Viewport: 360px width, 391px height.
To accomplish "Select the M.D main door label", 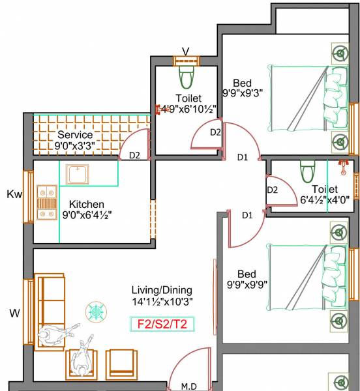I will [x=189, y=386].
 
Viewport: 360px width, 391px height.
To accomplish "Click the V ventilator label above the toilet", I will [x=185, y=51].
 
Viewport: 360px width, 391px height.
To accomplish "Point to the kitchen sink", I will [x=78, y=174].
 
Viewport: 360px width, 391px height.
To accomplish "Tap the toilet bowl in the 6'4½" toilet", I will [x=307, y=172].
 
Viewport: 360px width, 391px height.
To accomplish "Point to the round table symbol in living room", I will [x=96, y=311].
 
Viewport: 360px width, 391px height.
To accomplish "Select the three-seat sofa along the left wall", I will [x=48, y=311].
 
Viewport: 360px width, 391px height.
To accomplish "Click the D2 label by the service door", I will [x=134, y=155].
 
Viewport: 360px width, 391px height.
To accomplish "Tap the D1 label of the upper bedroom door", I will [x=242, y=157].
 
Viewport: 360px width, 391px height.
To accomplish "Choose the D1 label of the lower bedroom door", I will [x=248, y=215].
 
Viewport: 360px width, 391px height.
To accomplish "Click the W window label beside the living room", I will [x=14, y=313].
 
